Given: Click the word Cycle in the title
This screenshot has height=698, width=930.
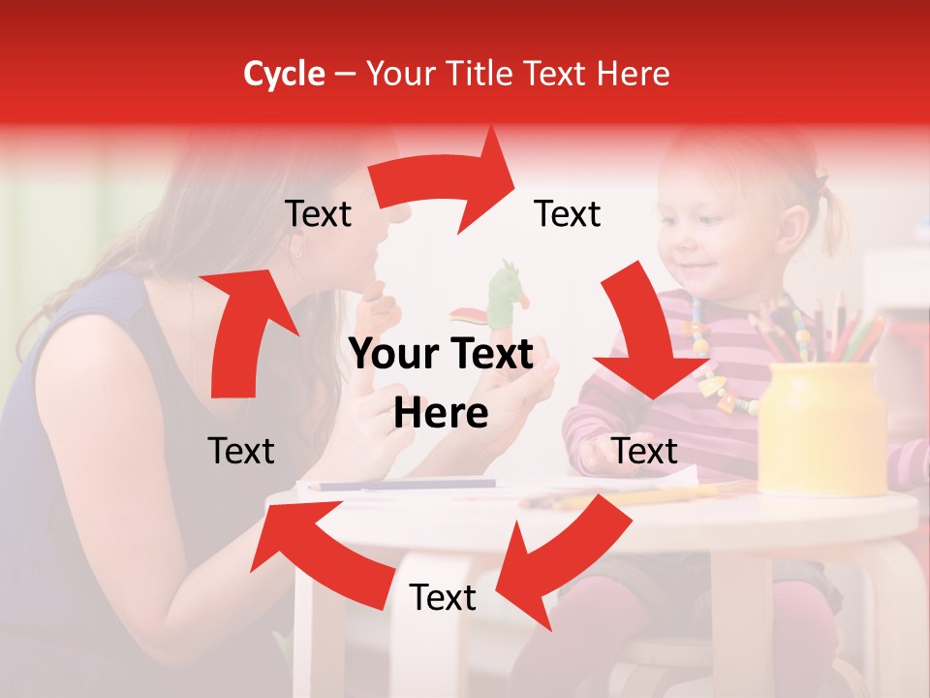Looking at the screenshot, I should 284,74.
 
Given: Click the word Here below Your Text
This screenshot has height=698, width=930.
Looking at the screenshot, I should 441,414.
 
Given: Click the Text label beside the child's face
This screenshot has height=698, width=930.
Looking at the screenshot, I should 568,213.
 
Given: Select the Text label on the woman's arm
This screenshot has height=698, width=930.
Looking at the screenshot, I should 241,451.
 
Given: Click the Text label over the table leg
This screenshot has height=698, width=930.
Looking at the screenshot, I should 443,597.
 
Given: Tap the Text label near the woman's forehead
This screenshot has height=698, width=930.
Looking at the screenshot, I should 318,213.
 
